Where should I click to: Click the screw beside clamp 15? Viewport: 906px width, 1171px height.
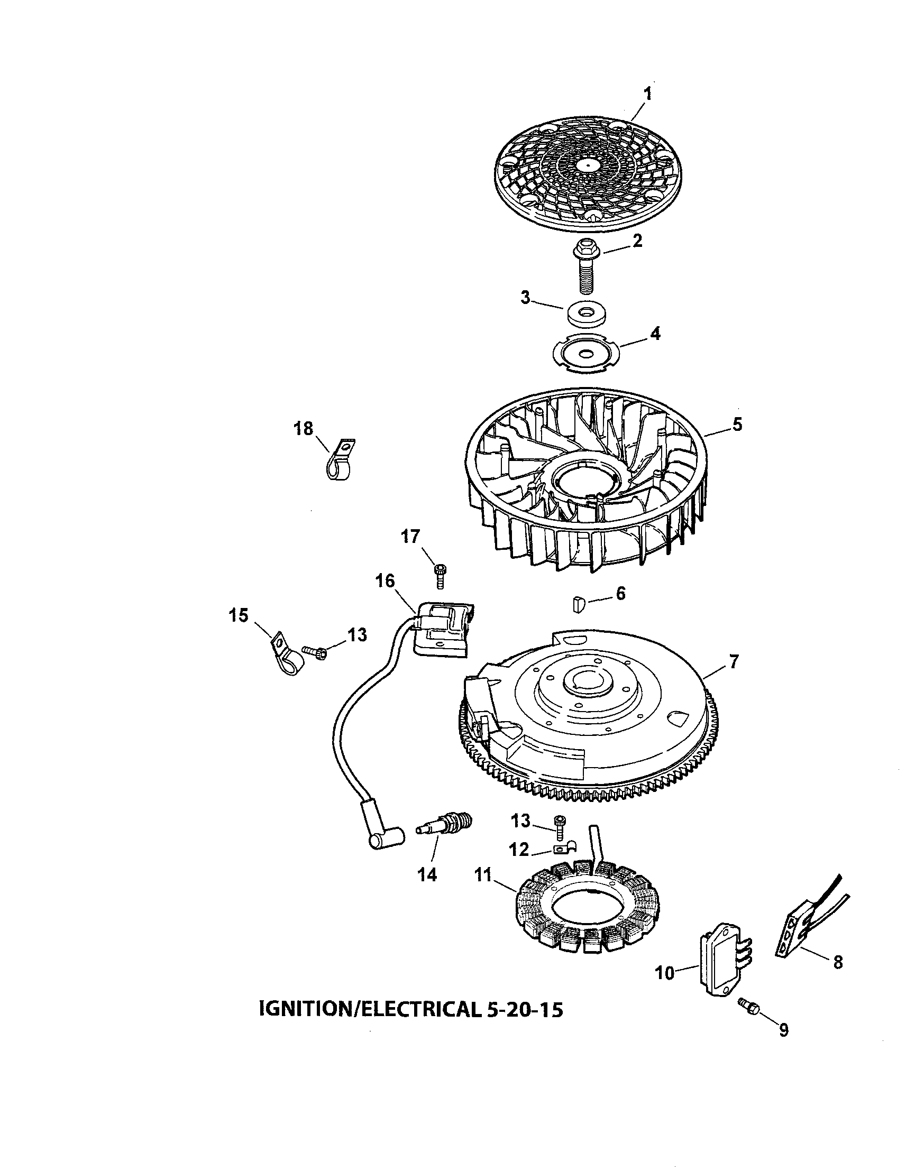tap(315, 652)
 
